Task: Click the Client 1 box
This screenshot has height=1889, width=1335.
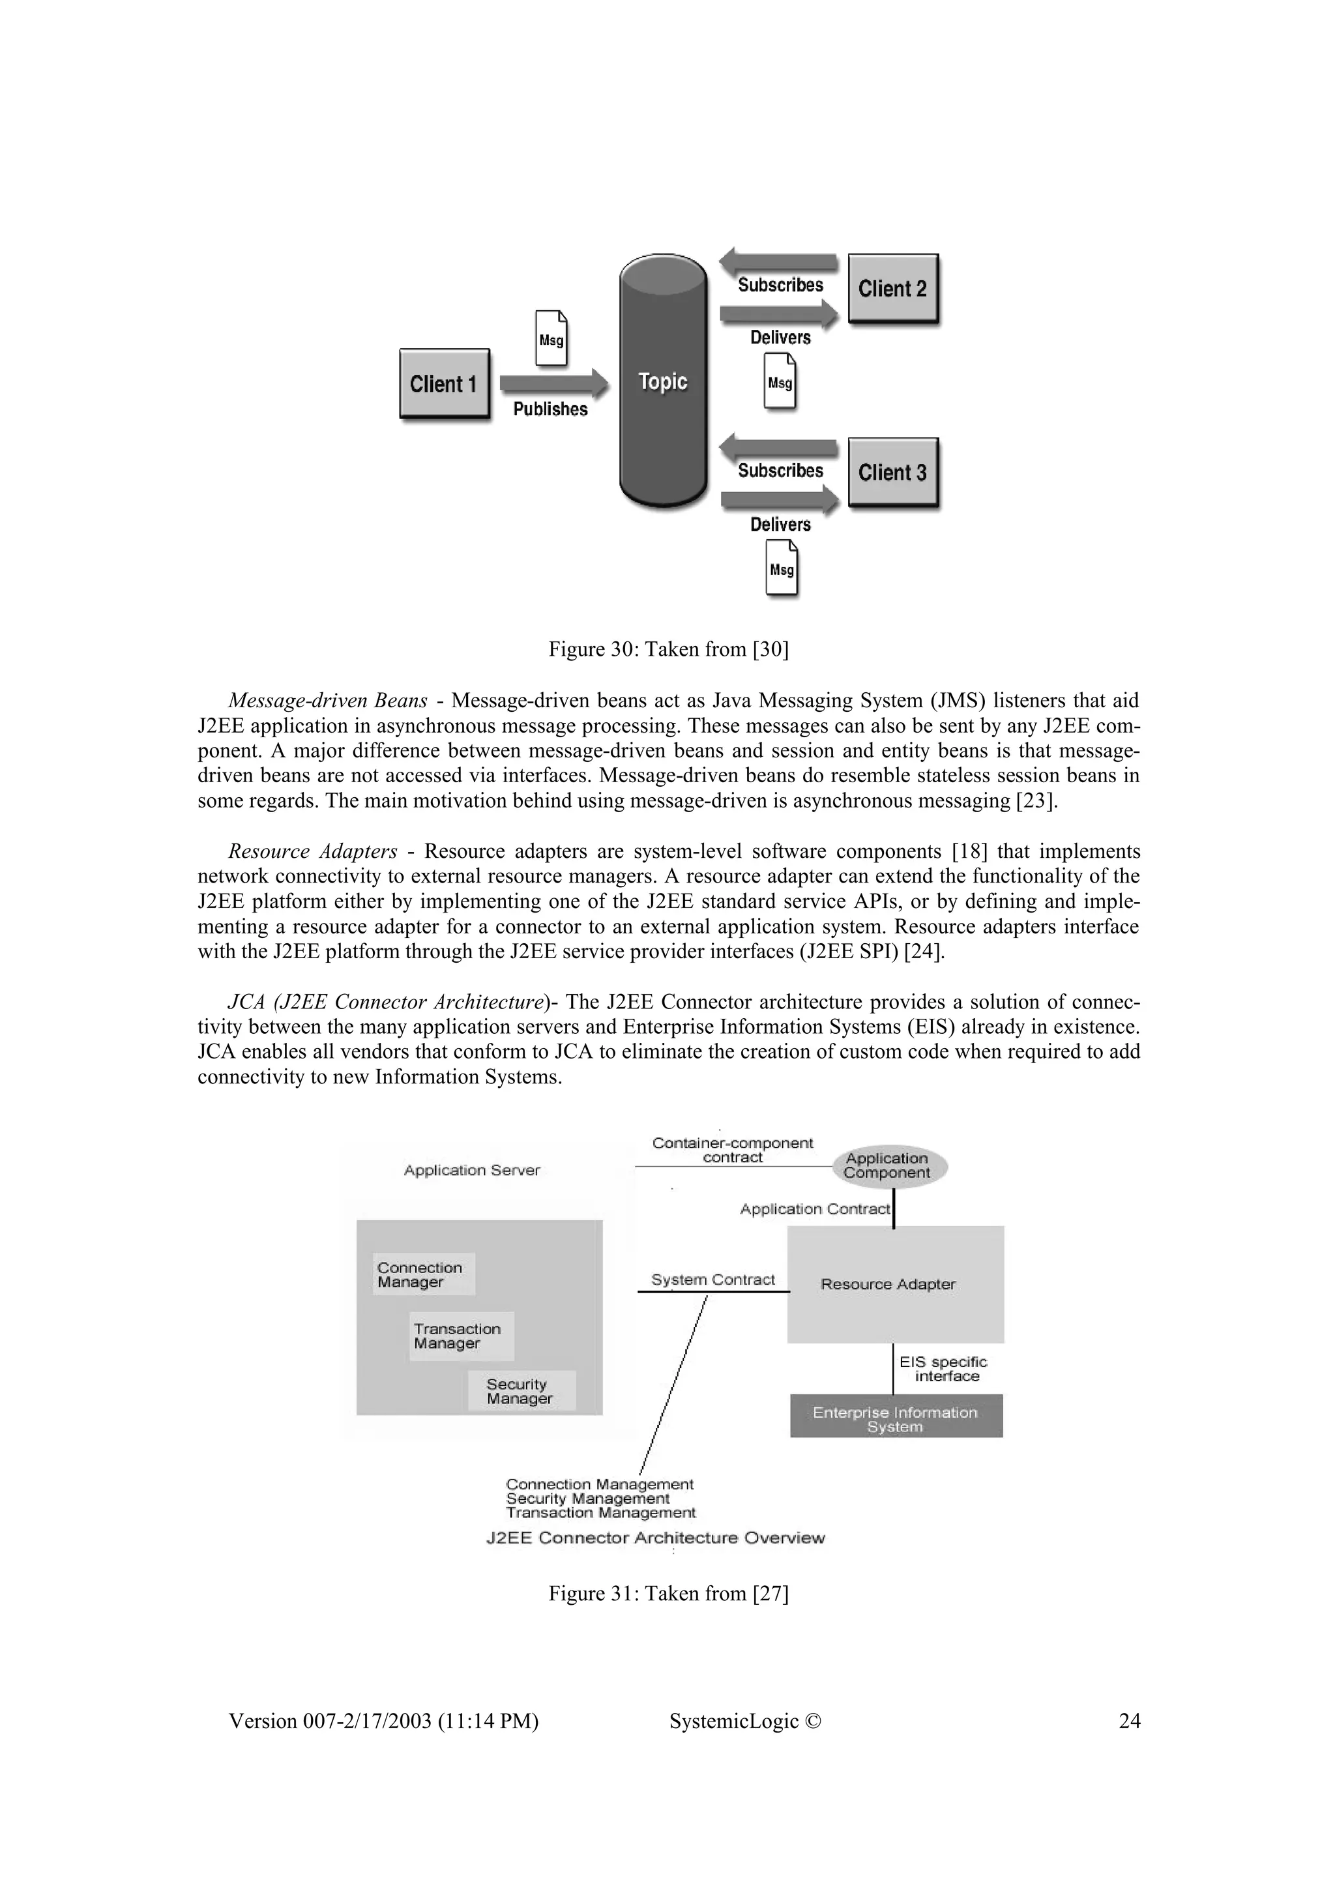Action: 444,384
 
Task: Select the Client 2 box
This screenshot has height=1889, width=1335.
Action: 892,289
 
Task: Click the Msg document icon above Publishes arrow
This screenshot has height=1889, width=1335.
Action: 551,338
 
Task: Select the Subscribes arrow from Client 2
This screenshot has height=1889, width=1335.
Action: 778,263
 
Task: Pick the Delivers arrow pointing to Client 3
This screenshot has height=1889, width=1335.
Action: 779,499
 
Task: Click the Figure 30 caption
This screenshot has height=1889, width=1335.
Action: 668,650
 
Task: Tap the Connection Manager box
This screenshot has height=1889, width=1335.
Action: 424,1274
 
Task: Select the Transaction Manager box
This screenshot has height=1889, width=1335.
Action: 461,1336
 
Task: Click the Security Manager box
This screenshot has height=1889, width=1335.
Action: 521,1390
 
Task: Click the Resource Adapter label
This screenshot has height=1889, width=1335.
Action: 888,1284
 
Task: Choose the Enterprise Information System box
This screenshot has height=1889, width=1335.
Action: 896,1419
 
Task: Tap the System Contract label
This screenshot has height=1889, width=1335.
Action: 712,1280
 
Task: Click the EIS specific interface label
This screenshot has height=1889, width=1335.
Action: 943,1369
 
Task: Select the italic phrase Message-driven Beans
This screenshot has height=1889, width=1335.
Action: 327,701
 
